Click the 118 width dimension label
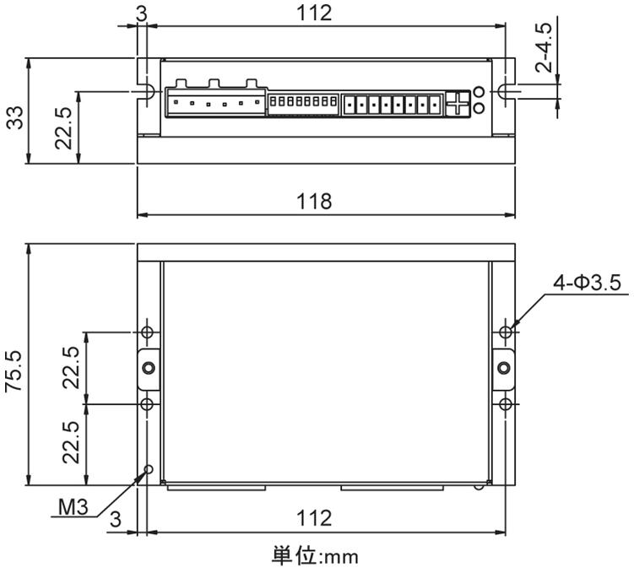click(x=314, y=201)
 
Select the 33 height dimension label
click(x=15, y=117)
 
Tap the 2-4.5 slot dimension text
click(x=543, y=47)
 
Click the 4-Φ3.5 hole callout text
click(x=587, y=283)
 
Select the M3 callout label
click(x=73, y=506)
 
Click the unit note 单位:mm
click(x=315, y=556)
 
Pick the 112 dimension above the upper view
click(x=314, y=13)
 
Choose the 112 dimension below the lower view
click(x=314, y=517)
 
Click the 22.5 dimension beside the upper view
click(x=63, y=127)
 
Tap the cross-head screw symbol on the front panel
click(x=458, y=104)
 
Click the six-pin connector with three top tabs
click(x=215, y=98)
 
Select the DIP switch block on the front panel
click(x=303, y=100)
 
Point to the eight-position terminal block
click(x=392, y=105)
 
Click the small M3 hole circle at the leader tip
click(x=149, y=468)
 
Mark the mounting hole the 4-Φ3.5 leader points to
click(x=505, y=332)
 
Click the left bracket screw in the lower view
click(x=149, y=368)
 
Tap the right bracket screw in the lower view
click(x=503, y=368)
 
